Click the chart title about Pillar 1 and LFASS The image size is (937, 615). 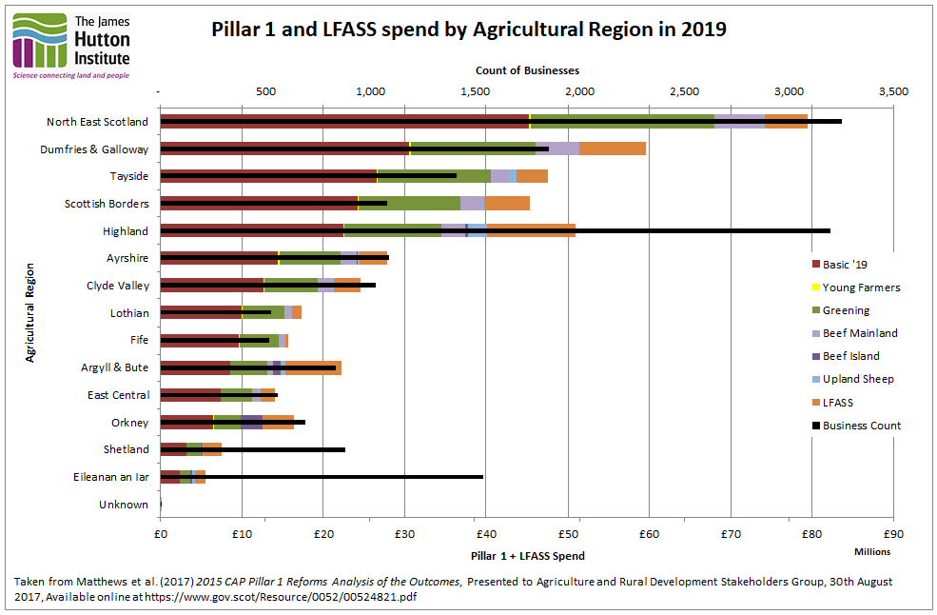point(468,29)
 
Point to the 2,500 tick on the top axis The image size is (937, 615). point(684,91)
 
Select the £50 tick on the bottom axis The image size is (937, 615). point(567,534)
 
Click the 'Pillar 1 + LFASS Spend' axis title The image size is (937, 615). point(527,555)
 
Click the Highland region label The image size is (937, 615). point(125,231)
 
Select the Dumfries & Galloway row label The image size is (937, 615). point(94,149)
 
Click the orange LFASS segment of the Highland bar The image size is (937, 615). point(530,230)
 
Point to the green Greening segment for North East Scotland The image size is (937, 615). point(622,121)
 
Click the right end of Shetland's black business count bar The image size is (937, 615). point(343,449)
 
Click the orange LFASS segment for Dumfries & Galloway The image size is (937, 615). point(612,149)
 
